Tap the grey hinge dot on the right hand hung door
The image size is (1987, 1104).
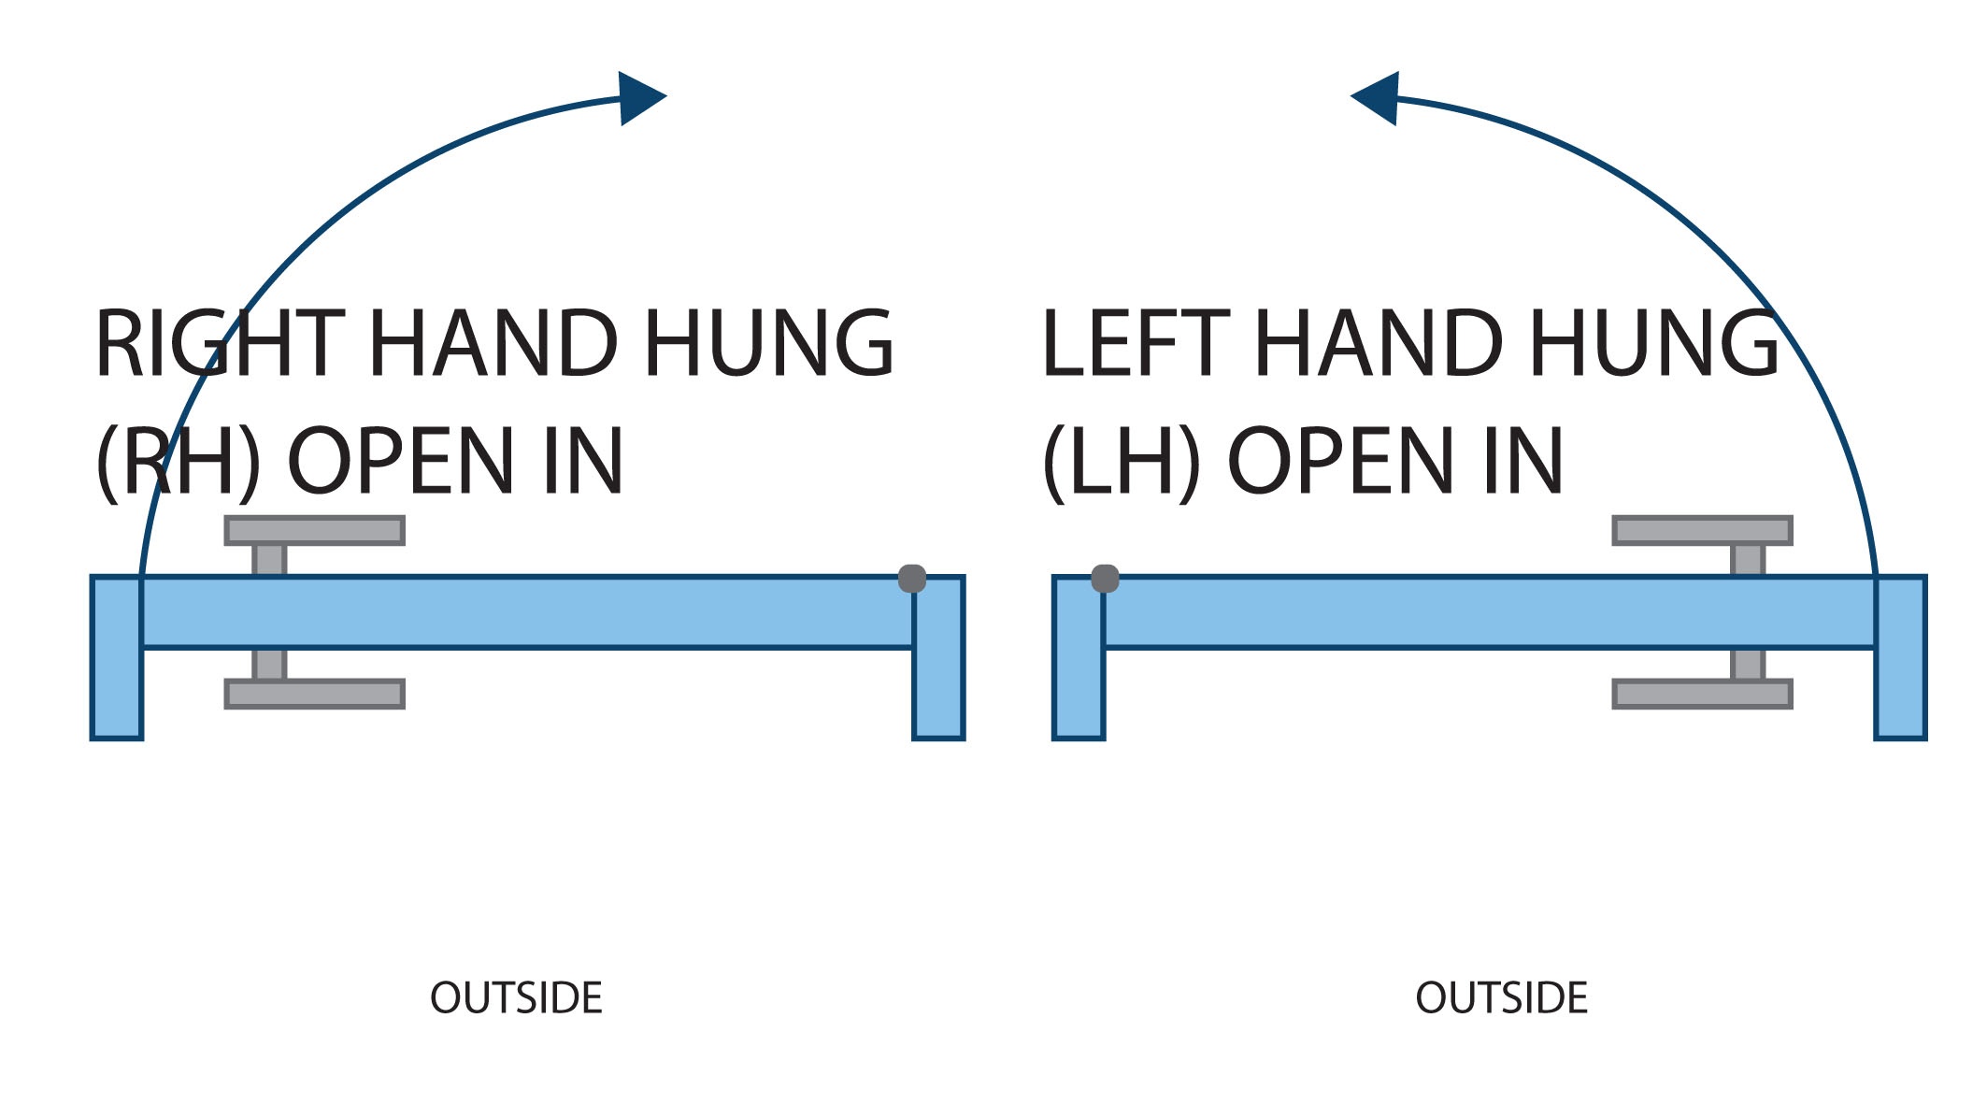click(x=912, y=579)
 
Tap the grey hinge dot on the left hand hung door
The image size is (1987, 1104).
click(x=1105, y=579)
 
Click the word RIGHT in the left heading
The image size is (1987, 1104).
click(x=220, y=344)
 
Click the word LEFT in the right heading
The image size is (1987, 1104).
click(x=1136, y=344)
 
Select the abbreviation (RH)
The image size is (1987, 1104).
click(x=179, y=462)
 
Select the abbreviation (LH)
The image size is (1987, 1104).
click(x=1121, y=462)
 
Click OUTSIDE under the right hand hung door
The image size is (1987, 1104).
click(x=516, y=998)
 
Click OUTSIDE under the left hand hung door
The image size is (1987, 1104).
click(x=1501, y=998)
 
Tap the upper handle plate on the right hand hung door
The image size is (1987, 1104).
click(x=314, y=531)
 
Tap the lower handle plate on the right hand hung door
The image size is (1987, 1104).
click(x=314, y=694)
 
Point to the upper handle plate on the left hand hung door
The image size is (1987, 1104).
click(x=1702, y=531)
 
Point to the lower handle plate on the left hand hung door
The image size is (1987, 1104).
click(x=1702, y=694)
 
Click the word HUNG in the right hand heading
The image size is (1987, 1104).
click(x=768, y=344)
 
